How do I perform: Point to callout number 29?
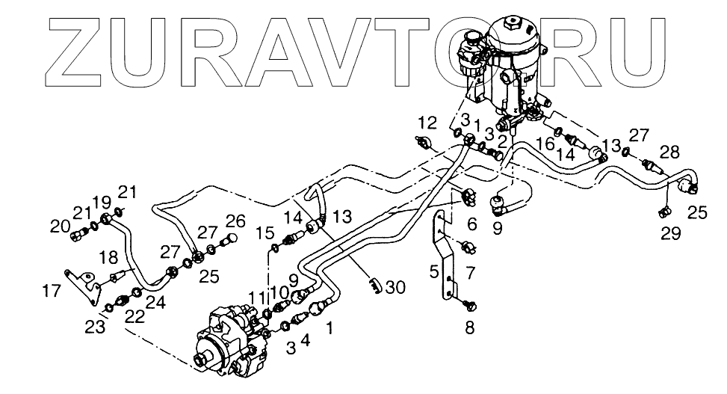click(x=670, y=234)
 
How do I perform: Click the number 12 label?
click(x=427, y=122)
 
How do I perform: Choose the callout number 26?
click(x=235, y=221)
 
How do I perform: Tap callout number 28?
click(x=669, y=153)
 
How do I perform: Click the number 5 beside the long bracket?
click(x=434, y=272)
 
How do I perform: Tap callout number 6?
click(x=471, y=224)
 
